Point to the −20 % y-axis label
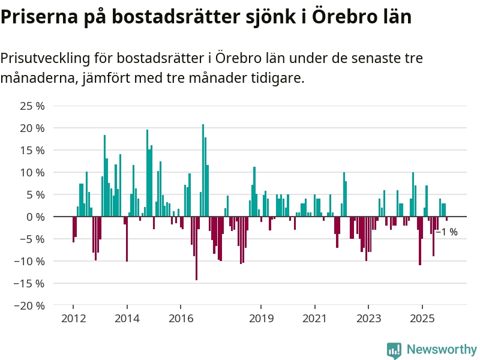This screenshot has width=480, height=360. point(31,305)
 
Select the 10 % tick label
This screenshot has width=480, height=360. point(34,172)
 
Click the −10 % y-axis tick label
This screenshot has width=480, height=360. point(31,261)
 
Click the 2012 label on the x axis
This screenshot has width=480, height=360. point(73,319)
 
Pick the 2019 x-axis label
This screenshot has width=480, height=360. point(261,319)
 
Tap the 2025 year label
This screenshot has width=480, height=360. point(422,319)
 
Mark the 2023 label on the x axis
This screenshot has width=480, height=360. point(368,319)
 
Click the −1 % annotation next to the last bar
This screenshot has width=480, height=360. point(446,232)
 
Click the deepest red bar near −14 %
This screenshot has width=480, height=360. point(196,248)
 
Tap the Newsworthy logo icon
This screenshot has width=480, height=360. point(394,350)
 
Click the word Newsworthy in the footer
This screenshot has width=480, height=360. point(442,349)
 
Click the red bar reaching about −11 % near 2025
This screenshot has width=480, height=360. point(420,241)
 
